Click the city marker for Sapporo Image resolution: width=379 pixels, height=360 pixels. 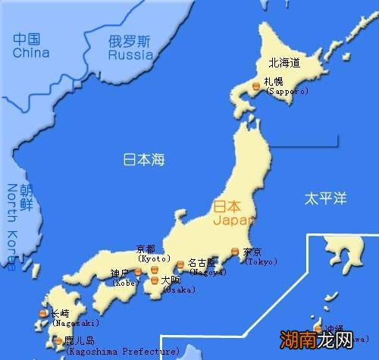point(256,88)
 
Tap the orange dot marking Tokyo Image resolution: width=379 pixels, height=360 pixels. point(235,252)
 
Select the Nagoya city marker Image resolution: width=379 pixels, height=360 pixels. point(180,265)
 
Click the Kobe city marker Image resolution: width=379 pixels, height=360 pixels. point(137,270)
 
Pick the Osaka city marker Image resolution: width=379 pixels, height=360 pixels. point(155,280)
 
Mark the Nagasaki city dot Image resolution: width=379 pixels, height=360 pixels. point(43,313)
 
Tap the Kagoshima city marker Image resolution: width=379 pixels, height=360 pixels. point(59,341)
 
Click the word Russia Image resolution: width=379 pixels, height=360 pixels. point(130,55)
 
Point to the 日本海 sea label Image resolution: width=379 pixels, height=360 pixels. point(144,160)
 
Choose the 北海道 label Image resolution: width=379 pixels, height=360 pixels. point(284,63)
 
